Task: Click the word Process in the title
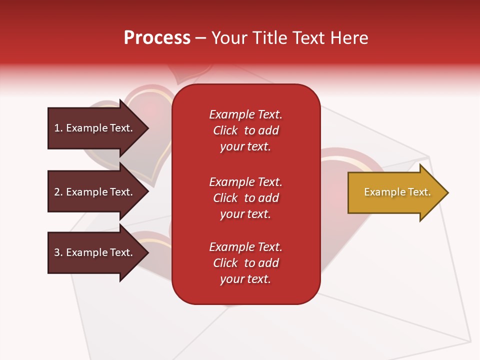point(157,38)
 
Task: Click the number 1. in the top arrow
point(58,128)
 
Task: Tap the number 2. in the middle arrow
point(58,192)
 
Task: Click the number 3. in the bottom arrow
point(58,252)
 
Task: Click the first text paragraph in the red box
point(245,130)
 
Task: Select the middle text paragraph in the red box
point(245,198)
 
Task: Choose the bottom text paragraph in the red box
point(245,263)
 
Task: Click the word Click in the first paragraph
point(225,130)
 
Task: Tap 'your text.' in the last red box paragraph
point(245,279)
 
